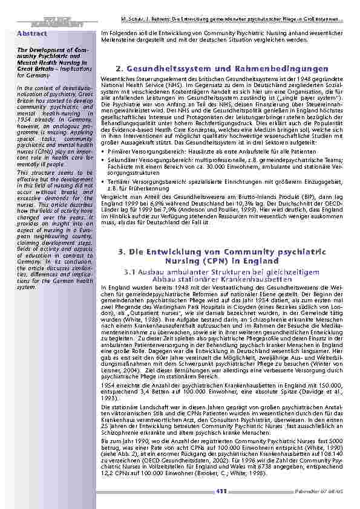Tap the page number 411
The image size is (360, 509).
pos(221,491)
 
